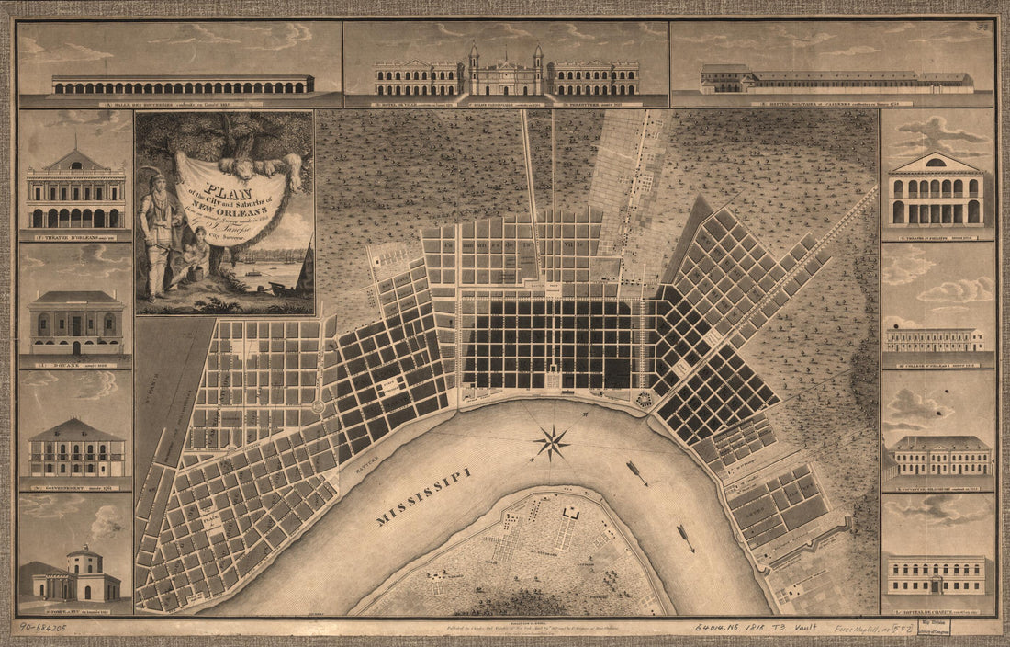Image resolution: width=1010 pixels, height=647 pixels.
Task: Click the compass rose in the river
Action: click(551, 443)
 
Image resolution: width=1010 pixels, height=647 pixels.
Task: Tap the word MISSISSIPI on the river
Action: click(423, 497)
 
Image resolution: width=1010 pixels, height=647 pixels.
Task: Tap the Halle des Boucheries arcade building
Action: click(183, 84)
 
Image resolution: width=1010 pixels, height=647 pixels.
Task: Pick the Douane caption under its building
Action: click(74, 362)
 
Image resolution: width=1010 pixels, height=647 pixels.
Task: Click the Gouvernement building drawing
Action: click(75, 449)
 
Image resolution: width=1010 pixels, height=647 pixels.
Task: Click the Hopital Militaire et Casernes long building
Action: click(836, 82)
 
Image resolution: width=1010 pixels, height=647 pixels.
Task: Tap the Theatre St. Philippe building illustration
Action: click(937, 191)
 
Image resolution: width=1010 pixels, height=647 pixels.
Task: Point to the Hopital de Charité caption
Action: click(937, 609)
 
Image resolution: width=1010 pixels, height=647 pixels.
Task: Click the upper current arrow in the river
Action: click(638, 473)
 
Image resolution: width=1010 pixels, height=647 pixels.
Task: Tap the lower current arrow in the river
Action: click(686, 538)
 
